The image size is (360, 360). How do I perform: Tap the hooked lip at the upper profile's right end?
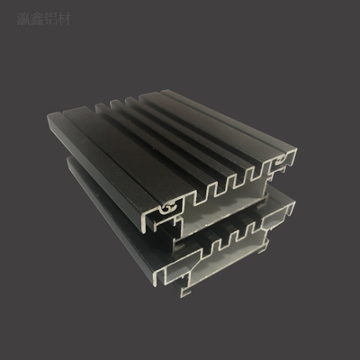[290, 162]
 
